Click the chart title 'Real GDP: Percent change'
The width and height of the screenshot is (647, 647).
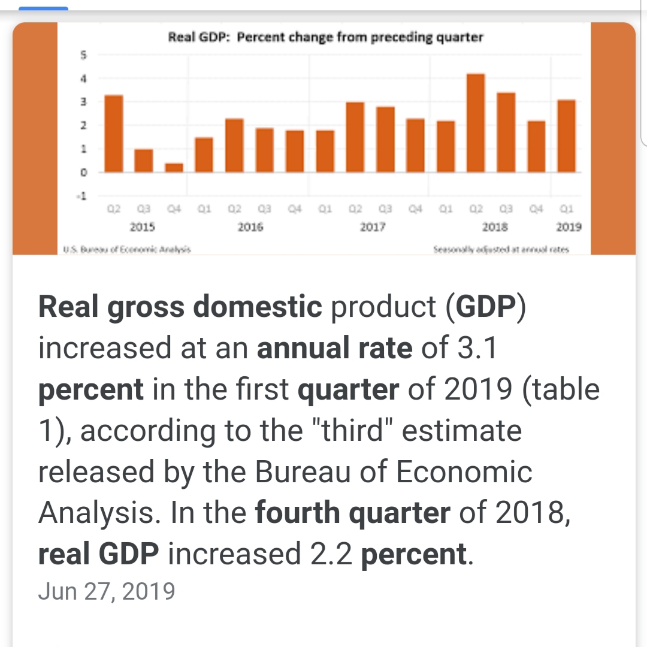point(325,37)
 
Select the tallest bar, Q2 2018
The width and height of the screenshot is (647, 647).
point(475,123)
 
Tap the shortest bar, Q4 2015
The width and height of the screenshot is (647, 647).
point(174,167)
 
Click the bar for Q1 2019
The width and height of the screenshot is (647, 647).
point(566,136)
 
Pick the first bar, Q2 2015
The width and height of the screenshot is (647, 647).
point(114,134)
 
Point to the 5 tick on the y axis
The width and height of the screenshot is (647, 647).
point(84,55)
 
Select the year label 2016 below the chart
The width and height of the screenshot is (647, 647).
point(250,228)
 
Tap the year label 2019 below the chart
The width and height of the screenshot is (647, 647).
point(568,228)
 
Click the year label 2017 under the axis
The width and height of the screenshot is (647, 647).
point(373,228)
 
